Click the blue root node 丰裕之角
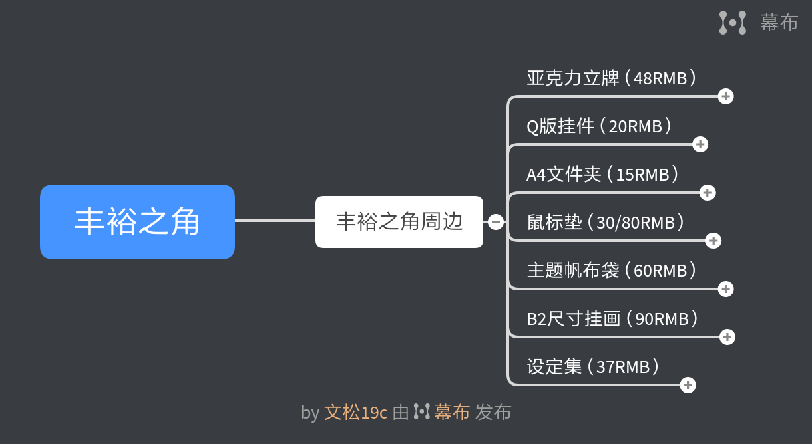[x=138, y=222]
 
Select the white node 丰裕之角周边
[x=399, y=222]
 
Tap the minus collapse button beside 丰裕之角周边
[x=496, y=222]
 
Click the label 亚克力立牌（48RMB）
[x=612, y=78]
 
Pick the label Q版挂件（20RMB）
[x=599, y=126]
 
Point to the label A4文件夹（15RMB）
[x=602, y=175]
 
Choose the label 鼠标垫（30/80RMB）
[x=606, y=222]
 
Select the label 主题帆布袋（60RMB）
[x=612, y=270]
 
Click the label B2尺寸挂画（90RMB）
[x=612, y=319]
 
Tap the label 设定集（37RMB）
[x=593, y=366]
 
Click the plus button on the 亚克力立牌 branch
[x=725, y=96]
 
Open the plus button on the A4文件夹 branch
[x=708, y=193]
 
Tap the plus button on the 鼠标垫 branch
[x=713, y=241]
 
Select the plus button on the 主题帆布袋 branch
[x=725, y=289]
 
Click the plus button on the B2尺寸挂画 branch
[x=727, y=337]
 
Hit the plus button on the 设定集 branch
[x=688, y=385]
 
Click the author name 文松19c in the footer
[x=356, y=413]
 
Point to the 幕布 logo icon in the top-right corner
[x=733, y=23]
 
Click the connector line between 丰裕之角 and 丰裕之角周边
[x=275, y=221]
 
